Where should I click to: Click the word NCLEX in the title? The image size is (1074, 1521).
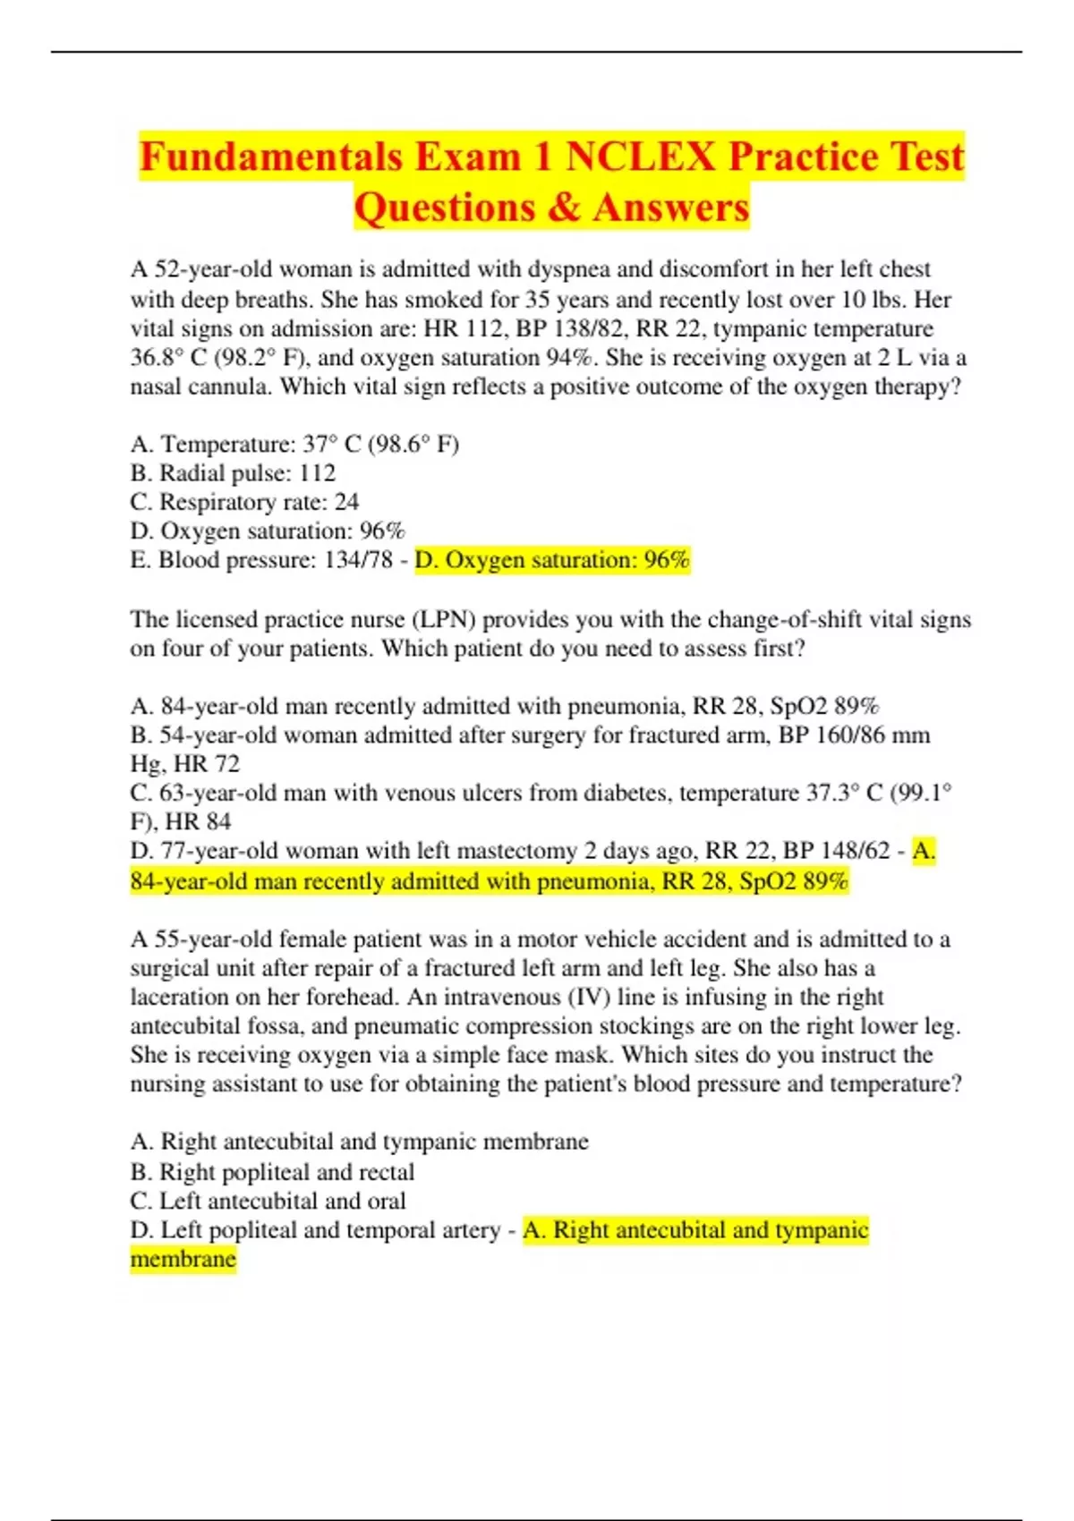641,157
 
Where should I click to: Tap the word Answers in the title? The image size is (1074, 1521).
670,208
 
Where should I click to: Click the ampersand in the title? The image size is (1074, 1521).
563,208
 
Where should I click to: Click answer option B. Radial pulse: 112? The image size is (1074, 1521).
233,473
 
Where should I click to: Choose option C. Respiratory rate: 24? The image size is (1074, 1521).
244,502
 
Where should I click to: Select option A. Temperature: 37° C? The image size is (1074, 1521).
294,445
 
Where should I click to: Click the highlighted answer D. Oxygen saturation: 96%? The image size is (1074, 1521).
552,560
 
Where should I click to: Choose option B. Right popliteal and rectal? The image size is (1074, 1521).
272,1172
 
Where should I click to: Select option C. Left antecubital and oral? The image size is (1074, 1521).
268,1201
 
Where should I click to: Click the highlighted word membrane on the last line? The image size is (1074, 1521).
183,1259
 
